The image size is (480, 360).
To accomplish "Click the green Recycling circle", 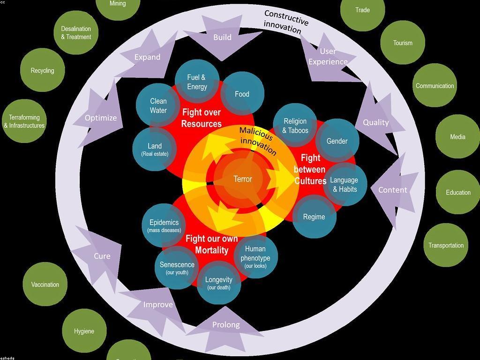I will coord(42,70).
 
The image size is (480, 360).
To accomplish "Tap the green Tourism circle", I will coord(403,43).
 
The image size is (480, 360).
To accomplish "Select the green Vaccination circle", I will coord(45,285).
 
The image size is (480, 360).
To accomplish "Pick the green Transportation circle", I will coord(446,245).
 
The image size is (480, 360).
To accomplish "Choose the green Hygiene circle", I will coord(84,331).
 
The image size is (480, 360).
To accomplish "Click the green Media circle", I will coord(457,137).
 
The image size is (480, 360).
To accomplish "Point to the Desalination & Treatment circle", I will coord(76,33).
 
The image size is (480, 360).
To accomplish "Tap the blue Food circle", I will coord(242,94).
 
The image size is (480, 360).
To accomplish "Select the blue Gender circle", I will coord(337,141).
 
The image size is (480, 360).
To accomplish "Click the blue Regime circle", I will coord(314,217).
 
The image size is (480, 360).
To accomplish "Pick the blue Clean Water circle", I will coord(158,105).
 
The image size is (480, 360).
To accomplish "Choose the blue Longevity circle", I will coord(218,283).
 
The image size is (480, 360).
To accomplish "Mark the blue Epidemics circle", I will coord(164,225).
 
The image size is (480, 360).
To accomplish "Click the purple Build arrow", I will coord(222,37).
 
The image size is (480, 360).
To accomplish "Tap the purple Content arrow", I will coord(393,190).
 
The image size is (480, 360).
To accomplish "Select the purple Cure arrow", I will coord(102,256).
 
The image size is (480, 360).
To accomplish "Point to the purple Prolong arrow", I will coord(226,325).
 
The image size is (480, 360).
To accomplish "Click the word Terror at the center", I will coord(243,179).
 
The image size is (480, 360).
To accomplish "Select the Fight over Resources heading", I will coord(202,118).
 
